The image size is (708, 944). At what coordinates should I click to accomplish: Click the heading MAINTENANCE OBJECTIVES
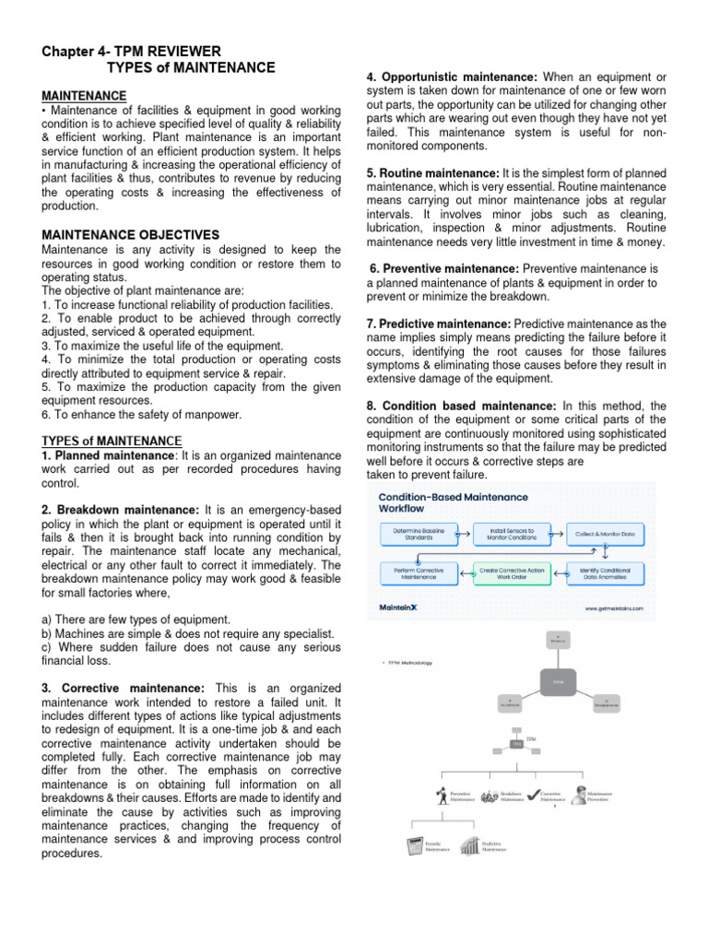[130, 235]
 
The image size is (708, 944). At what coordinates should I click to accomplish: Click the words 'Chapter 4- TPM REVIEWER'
[131, 51]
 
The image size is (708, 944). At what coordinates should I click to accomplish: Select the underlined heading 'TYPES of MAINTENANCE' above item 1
[112, 441]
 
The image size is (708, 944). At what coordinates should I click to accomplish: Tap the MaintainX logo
[405, 608]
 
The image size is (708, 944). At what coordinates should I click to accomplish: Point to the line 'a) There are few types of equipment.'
[136, 619]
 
